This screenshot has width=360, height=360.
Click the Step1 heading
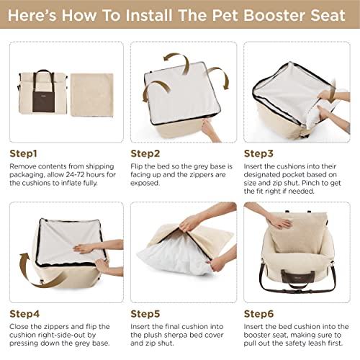click(x=24, y=153)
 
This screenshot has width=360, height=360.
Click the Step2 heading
click(x=145, y=153)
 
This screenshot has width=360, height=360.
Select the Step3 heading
click(x=259, y=153)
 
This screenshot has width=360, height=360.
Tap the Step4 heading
click(x=24, y=314)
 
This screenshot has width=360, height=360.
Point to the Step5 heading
click(x=145, y=314)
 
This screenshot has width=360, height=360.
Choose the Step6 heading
click(x=259, y=314)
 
